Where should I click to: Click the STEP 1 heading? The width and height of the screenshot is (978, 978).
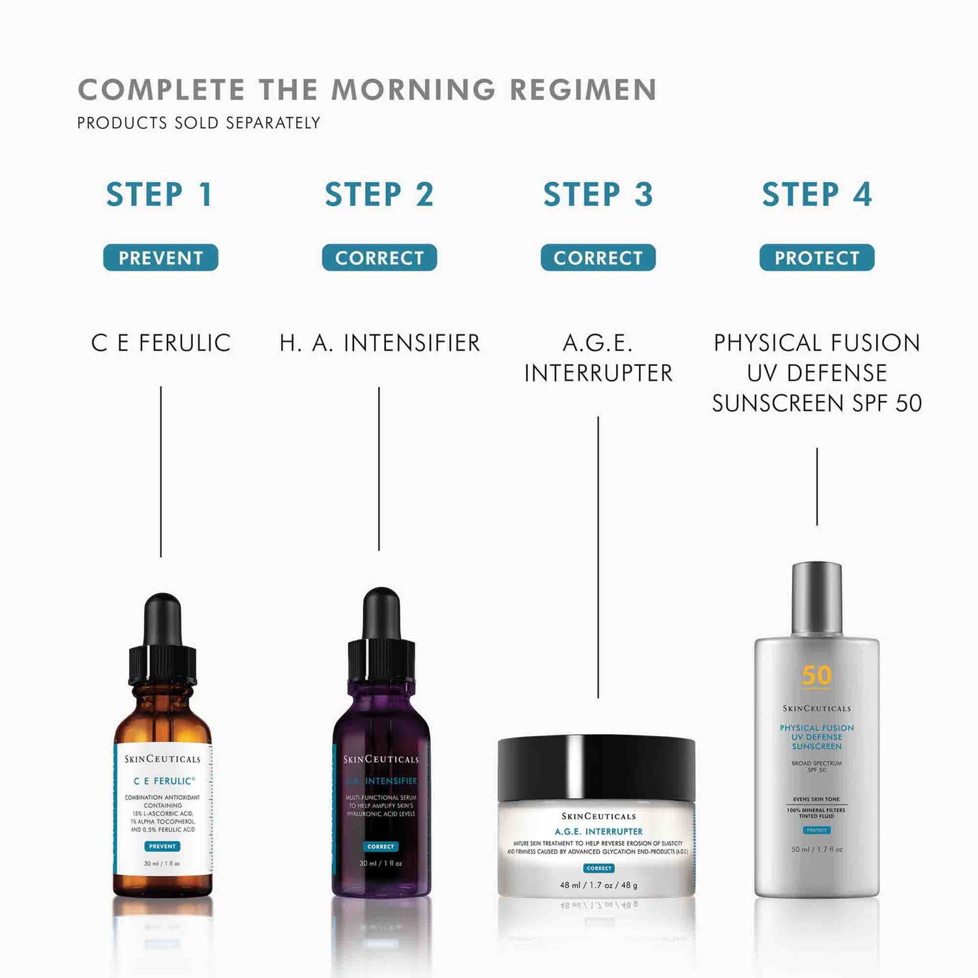(160, 195)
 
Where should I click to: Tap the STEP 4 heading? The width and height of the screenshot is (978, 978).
(816, 195)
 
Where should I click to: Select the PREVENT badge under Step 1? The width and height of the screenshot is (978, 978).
(160, 258)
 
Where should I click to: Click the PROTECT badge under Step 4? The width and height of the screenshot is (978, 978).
(816, 258)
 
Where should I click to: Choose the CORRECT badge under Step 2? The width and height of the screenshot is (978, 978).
(379, 258)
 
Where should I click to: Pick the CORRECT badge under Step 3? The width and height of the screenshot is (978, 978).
(598, 258)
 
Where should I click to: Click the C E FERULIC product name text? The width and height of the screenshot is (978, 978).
(160, 343)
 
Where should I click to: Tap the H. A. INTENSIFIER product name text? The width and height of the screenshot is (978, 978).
(379, 343)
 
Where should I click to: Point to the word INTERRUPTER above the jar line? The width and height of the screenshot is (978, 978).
(598, 373)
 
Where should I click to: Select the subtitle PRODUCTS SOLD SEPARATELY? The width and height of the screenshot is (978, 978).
(198, 123)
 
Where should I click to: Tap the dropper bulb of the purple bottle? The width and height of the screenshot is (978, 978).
(381, 613)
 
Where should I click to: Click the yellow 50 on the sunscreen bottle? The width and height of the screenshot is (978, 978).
(816, 675)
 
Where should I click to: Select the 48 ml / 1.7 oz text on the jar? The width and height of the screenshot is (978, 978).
(598, 885)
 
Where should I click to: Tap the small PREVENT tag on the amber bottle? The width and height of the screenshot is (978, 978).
(162, 846)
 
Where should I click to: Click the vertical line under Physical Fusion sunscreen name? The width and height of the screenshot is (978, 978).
(816, 486)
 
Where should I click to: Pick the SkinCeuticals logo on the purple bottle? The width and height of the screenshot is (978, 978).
(381, 759)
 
